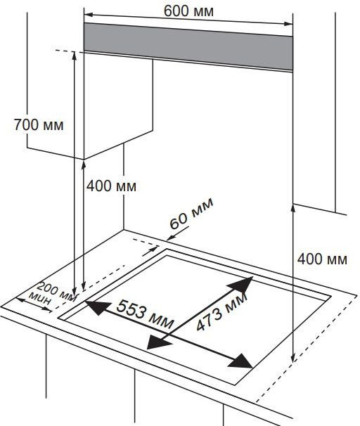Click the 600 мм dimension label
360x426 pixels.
click(188, 11)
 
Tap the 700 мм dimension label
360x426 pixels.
click(39, 125)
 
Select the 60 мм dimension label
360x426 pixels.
click(191, 214)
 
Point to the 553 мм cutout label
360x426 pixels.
click(145, 314)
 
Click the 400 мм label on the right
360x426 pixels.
click(322, 259)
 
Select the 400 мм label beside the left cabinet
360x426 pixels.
click(111, 186)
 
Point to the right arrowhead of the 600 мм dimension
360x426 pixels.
click(288, 24)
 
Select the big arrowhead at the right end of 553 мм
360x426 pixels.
click(240, 361)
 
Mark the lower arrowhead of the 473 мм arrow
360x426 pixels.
click(158, 342)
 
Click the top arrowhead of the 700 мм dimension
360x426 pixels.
click(74, 56)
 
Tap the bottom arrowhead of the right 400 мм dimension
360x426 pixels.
click(293, 358)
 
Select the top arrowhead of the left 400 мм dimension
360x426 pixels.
click(84, 165)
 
